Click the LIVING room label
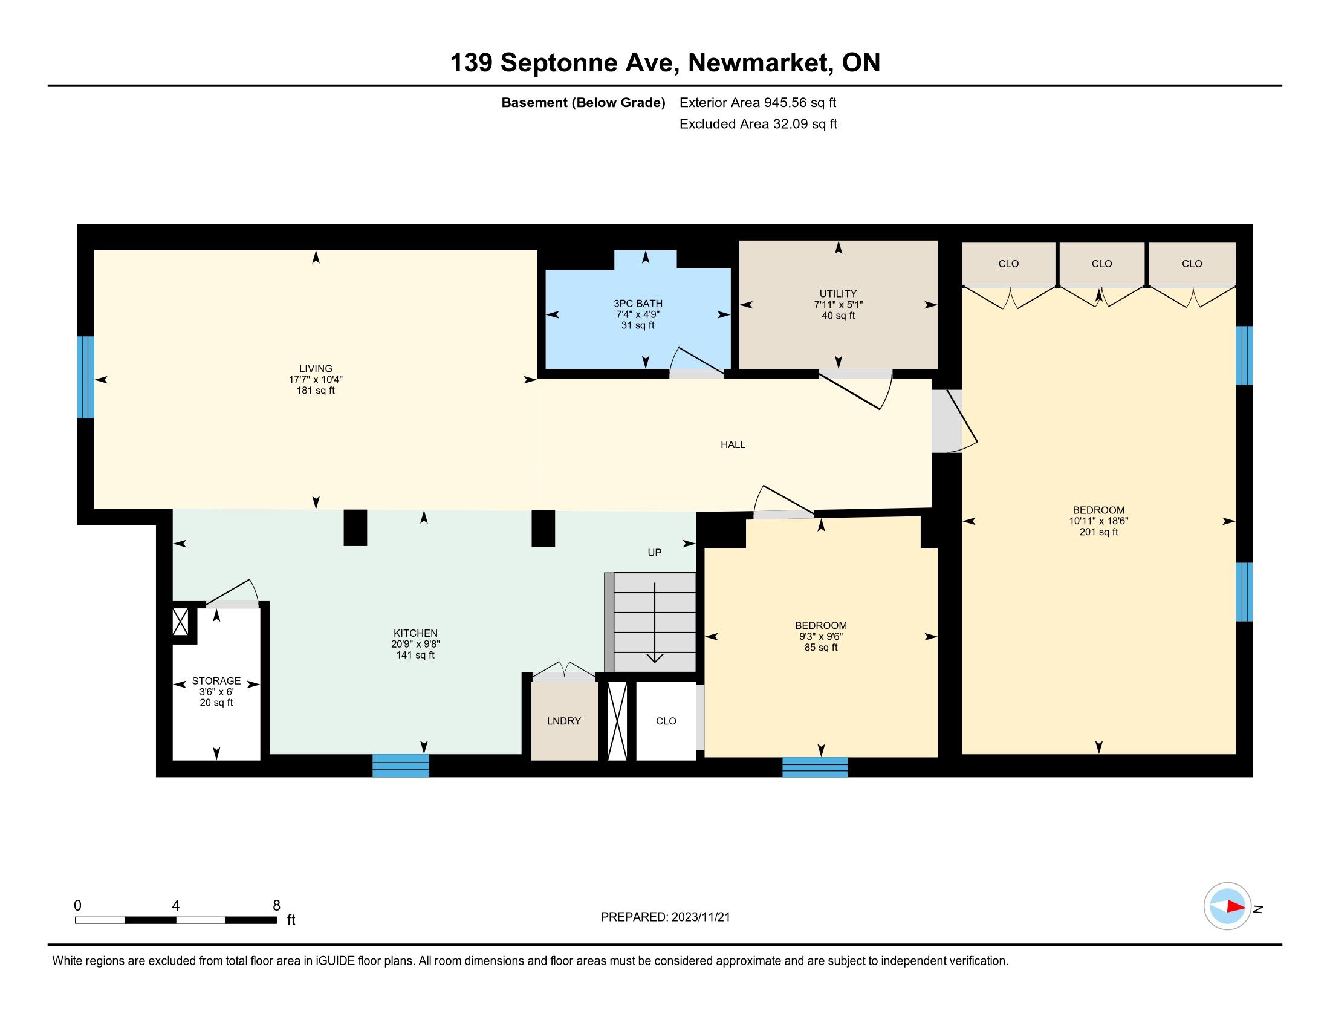pos(316,368)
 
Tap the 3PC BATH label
pos(638,304)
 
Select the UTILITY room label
pos(838,293)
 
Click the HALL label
pos(733,444)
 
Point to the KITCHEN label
pos(415,633)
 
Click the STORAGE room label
pos(216,681)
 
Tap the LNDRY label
pos(564,721)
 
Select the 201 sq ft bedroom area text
pos(1098,532)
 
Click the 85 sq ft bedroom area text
pos(821,648)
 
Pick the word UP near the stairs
pos(655,552)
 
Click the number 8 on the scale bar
pos(276,906)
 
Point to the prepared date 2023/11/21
pos(700,917)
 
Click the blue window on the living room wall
pos(86,377)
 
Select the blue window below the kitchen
pos(401,766)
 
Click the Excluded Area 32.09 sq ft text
pos(758,124)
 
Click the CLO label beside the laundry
pos(666,721)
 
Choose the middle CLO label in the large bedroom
pos(1101,264)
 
